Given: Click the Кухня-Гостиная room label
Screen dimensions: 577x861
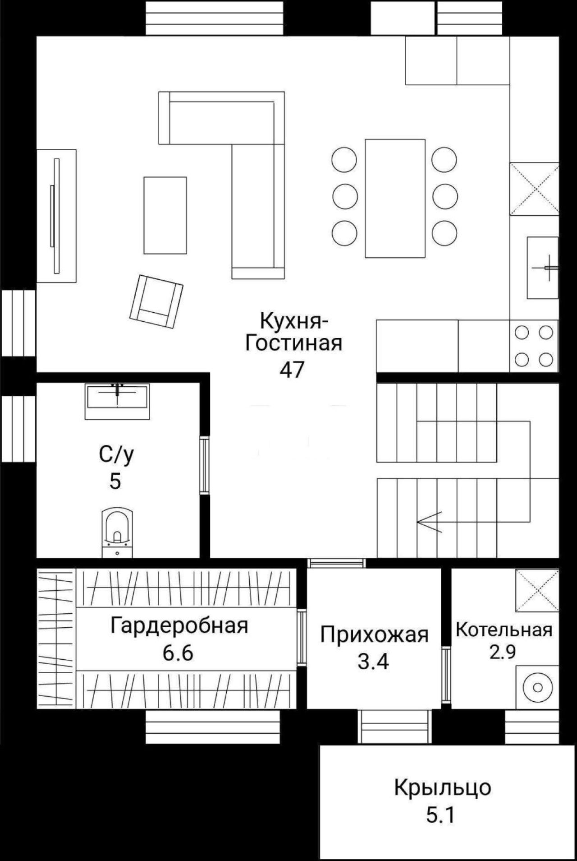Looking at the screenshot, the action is pos(293,332).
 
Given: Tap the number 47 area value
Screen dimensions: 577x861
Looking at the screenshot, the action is pos(292,370).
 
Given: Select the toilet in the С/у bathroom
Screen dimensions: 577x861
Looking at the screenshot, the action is pos(117,533).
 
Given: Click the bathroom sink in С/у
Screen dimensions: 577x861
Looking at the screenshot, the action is pos(117,396).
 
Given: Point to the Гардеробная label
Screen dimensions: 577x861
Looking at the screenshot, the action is pos(179,625).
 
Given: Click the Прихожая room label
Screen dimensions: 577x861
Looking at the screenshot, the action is pos(374,635).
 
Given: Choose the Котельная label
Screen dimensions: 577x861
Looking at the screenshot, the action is pos(504,630).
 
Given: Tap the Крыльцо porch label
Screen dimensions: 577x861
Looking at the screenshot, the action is pos(443,788).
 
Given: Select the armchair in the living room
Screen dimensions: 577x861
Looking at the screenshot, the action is pos(156,301).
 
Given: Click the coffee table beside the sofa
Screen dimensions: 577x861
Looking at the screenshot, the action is pos(165,215).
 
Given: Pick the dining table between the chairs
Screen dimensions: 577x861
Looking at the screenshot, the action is pos(395,198).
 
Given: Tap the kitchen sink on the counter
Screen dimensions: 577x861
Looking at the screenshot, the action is pos(543,268).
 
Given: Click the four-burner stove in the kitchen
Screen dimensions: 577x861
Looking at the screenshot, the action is pos(534,346).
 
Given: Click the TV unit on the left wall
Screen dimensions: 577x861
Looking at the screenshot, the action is pos(56,216).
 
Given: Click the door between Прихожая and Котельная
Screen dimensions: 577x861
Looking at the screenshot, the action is pos(446,675).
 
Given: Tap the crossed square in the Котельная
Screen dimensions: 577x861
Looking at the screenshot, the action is pos(538,590).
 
